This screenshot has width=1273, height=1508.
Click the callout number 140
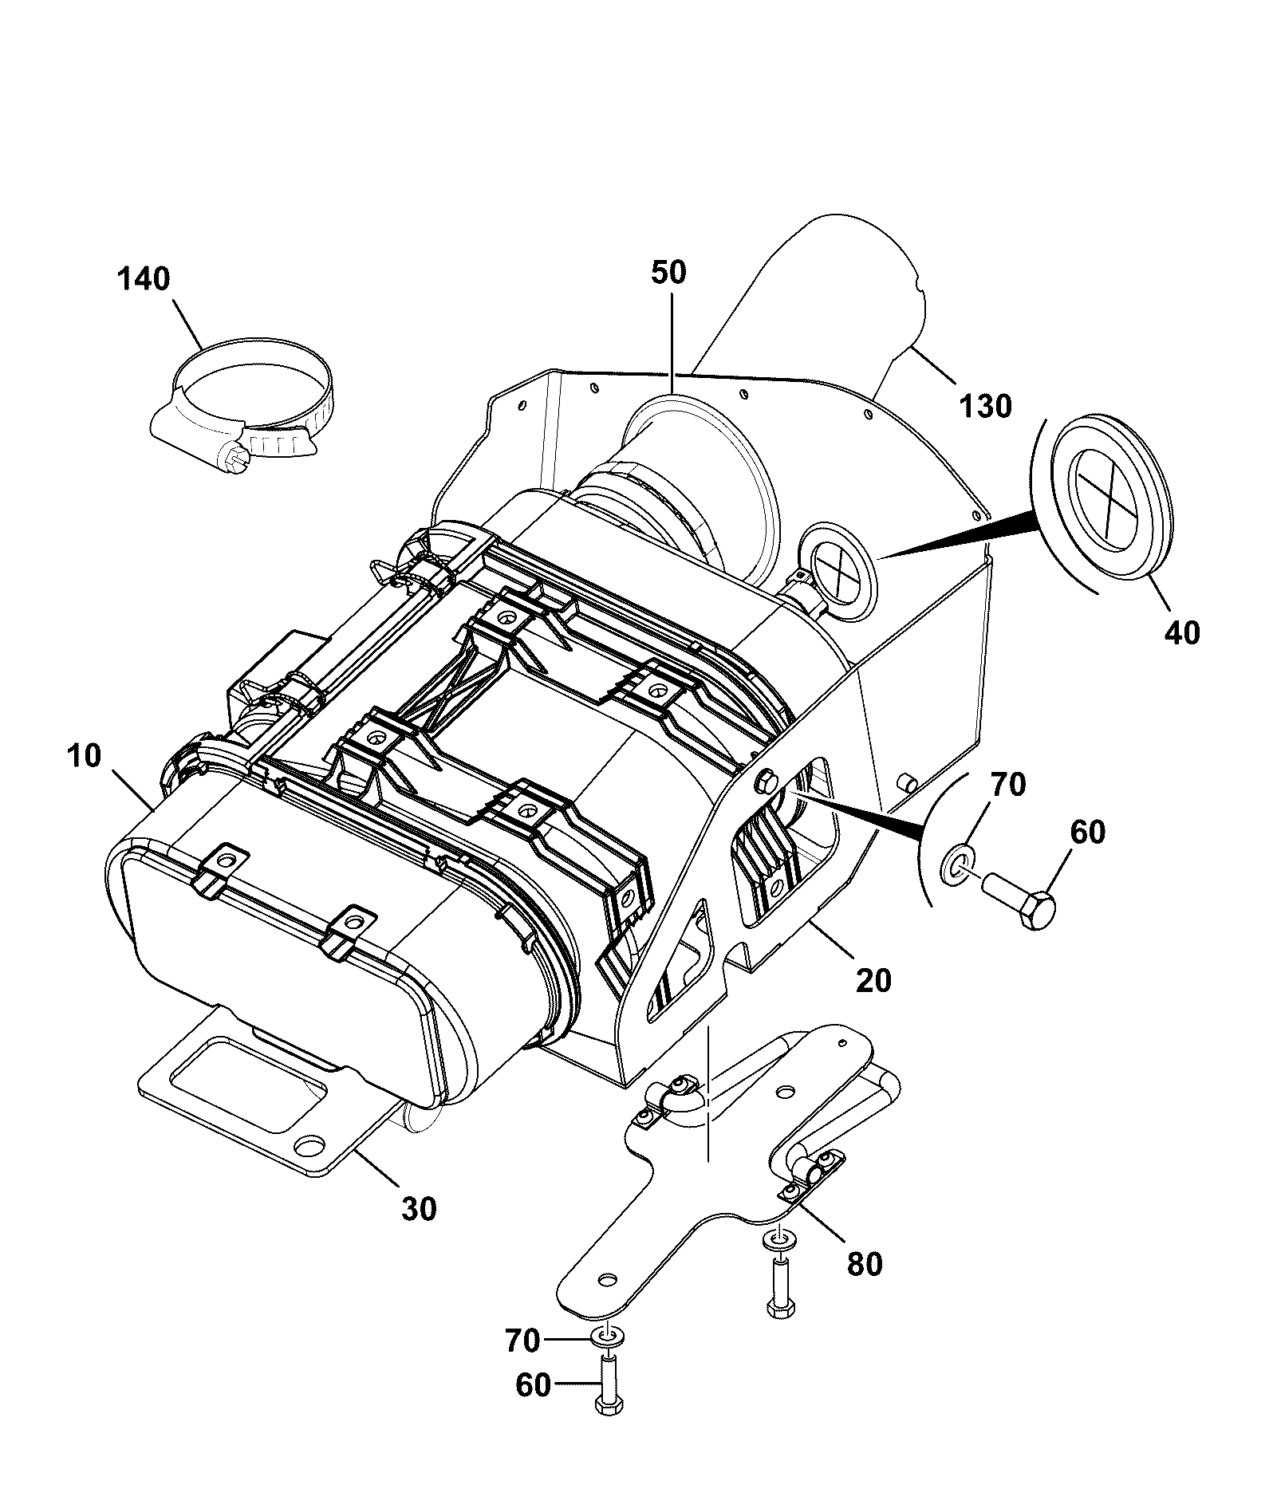144,280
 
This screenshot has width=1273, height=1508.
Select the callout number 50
668,273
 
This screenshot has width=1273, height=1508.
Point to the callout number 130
985,406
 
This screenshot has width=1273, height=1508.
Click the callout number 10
85,756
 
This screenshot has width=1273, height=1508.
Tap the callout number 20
873,980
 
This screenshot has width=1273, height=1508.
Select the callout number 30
419,1209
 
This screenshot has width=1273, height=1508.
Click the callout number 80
865,1264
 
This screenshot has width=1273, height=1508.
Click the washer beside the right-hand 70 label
957,864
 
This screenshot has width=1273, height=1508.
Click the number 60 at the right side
1087,833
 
